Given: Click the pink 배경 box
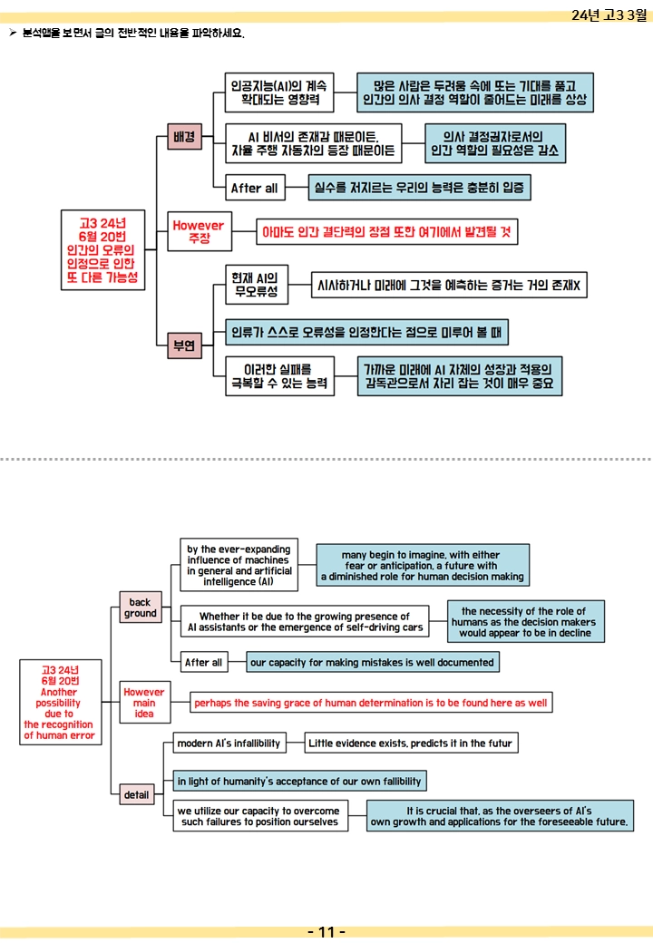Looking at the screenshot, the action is [x=184, y=137].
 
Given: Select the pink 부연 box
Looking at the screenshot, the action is [x=184, y=345].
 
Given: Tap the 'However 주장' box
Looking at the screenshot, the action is [x=199, y=231].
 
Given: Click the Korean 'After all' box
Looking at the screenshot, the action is [x=254, y=188].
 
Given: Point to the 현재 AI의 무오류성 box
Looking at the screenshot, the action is [x=256, y=285].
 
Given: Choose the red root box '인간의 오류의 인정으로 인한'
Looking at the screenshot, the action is [x=102, y=250].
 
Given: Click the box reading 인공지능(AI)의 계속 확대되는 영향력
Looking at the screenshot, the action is [x=279, y=92].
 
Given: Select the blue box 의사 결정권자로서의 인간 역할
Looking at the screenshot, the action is [x=495, y=143].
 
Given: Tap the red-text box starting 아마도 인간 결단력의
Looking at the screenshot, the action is [x=386, y=231].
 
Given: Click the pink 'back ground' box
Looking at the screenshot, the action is [x=140, y=608].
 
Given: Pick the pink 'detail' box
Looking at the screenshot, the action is [x=136, y=794].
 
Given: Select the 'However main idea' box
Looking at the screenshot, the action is [x=144, y=702].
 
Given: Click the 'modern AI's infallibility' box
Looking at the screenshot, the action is [x=229, y=743].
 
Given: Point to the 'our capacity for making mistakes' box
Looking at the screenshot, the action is [x=372, y=662].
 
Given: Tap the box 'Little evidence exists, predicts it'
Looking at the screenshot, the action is [x=411, y=743].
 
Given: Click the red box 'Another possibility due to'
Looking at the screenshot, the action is [x=60, y=703].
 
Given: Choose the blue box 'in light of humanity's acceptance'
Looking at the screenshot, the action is [x=299, y=782].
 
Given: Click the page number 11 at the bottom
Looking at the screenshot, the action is [x=326, y=931].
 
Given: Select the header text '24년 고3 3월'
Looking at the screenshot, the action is [x=609, y=15].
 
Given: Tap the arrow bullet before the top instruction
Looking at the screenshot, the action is [x=13, y=33].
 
